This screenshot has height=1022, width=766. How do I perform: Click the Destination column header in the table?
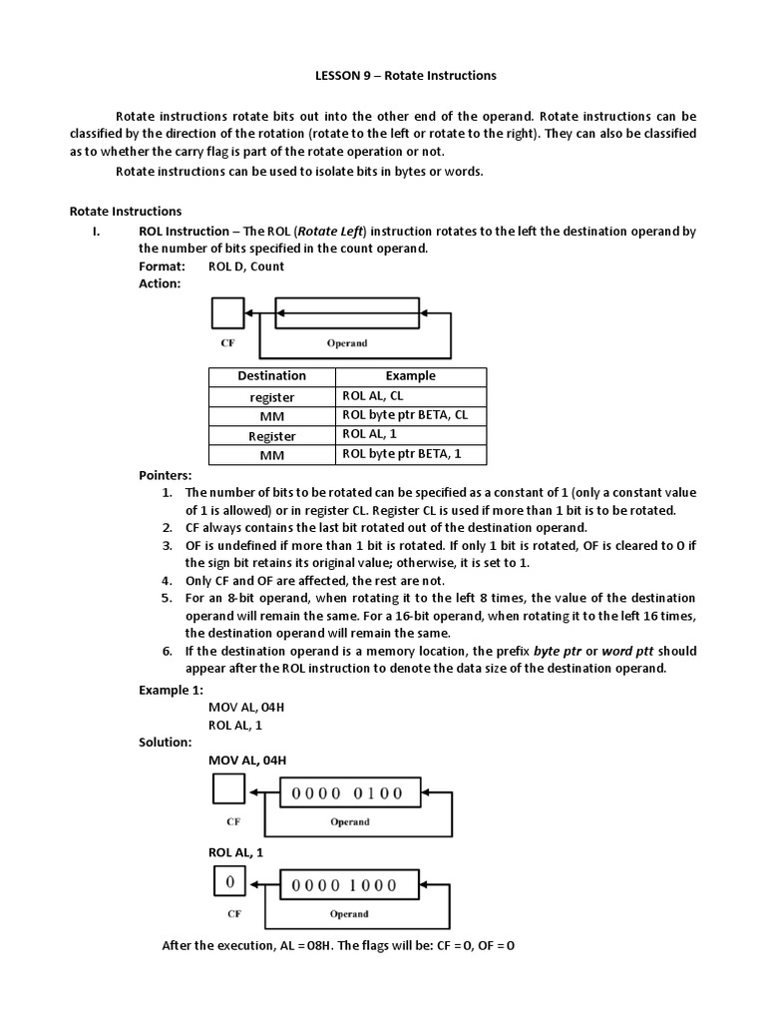[271, 376]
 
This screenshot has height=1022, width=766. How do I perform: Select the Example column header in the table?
[410, 376]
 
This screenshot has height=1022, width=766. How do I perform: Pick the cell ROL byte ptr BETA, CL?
[404, 415]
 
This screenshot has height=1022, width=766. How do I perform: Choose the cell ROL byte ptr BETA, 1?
[400, 454]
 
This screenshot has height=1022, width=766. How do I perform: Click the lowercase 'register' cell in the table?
[271, 396]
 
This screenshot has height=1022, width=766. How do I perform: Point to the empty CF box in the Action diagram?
[227, 314]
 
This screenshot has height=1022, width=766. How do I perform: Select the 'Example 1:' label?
[171, 690]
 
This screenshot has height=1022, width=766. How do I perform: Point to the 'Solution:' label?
[165, 743]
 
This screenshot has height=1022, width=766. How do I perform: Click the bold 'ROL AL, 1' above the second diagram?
[235, 852]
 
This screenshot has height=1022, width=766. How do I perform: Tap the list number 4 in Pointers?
[167, 581]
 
